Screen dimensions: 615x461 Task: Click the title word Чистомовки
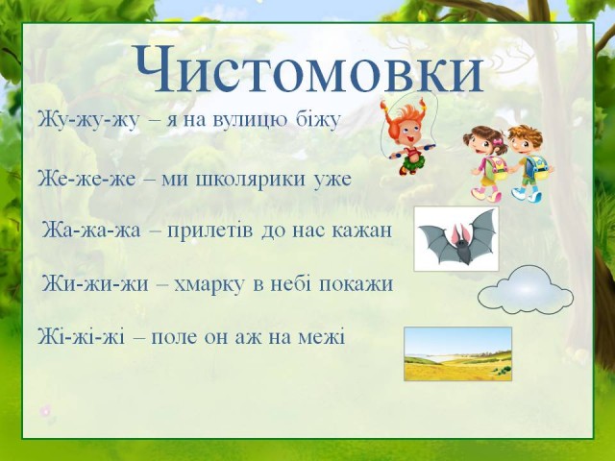(x=308, y=70)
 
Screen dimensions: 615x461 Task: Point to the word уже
(x=332, y=181)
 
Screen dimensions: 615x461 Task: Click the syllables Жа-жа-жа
(x=91, y=230)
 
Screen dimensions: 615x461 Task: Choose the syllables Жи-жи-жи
(x=95, y=284)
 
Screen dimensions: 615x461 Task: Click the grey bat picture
(x=456, y=239)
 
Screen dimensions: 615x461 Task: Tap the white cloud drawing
(x=526, y=290)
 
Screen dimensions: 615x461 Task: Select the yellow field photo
(x=457, y=354)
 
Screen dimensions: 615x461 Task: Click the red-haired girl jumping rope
(x=407, y=135)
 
